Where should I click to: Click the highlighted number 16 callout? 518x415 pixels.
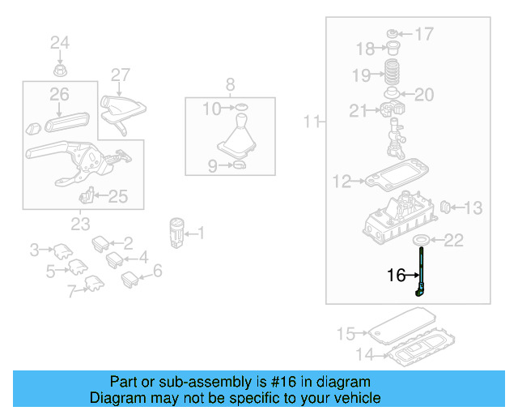point(396,276)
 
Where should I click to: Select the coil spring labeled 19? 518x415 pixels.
point(392,74)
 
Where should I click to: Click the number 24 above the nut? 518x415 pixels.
point(61,42)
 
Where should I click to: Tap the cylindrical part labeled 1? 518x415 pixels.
point(177,231)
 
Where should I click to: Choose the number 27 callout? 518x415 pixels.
point(120,75)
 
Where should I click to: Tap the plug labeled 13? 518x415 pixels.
point(444,209)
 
